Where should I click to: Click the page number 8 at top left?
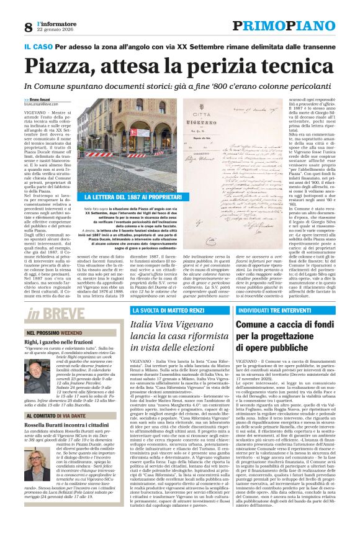tap(29, 27)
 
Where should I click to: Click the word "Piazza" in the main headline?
tap(59, 66)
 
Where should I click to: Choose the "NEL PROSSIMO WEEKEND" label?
tap(53, 333)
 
